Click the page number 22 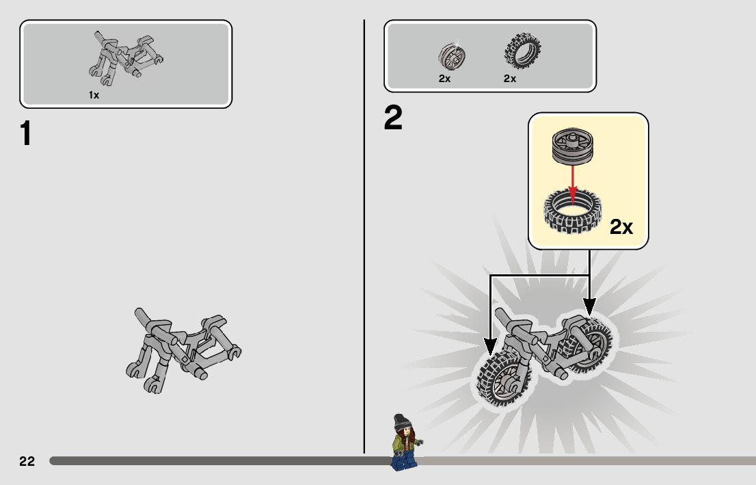[x=27, y=461]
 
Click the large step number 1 [x=26, y=134]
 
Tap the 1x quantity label [x=94, y=96]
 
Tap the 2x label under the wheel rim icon [x=444, y=79]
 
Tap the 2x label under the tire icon [x=510, y=79]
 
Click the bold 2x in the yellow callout [x=621, y=227]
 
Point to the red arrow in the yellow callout [x=573, y=179]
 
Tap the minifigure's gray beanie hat [x=401, y=420]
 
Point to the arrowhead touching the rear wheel [x=589, y=306]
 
